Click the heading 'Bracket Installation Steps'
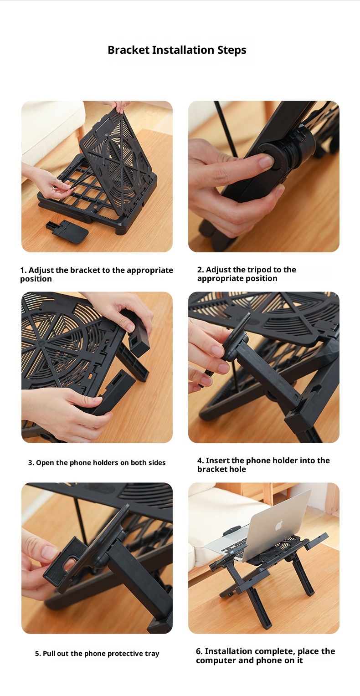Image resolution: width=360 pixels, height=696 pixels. point(177,50)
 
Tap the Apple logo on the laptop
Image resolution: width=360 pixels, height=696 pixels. point(279,525)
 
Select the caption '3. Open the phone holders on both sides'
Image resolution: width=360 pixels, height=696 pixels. point(97,463)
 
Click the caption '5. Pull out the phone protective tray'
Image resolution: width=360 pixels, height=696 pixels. point(97,654)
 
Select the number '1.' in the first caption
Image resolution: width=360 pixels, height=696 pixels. point(23,270)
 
